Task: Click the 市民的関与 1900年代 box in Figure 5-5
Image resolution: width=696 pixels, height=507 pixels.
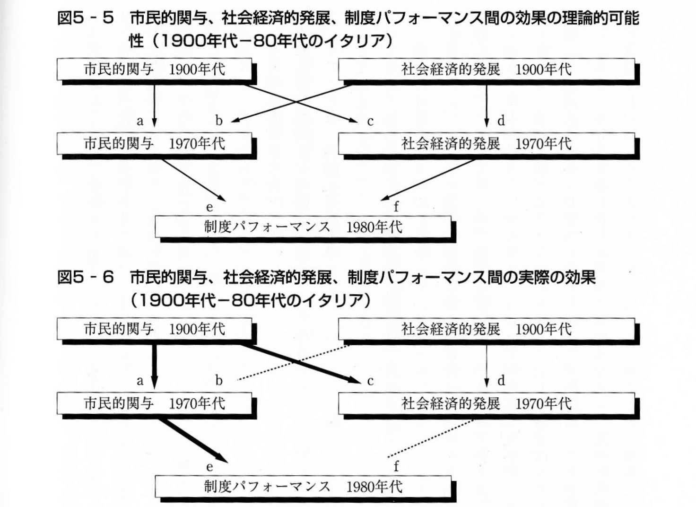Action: (154, 70)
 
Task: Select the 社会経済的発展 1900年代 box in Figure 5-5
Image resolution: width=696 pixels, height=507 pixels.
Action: (486, 70)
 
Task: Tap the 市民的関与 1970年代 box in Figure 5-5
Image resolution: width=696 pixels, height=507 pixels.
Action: (154, 143)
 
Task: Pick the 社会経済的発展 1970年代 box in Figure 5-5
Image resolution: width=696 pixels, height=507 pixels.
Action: (486, 143)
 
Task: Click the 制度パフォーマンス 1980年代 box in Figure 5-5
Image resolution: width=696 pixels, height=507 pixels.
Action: (303, 227)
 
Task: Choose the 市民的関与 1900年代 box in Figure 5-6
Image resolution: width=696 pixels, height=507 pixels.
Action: (154, 329)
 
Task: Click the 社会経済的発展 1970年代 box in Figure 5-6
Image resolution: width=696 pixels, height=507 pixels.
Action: (486, 403)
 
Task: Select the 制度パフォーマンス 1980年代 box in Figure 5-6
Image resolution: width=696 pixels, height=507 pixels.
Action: (303, 487)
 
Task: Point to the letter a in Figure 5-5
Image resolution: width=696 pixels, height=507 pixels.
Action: (140, 121)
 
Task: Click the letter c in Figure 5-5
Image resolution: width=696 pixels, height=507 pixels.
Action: (370, 122)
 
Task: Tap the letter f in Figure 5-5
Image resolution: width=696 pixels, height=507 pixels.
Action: (396, 206)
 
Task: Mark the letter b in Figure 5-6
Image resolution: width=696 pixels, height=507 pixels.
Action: (219, 380)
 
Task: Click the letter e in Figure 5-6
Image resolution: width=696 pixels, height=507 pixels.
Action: (209, 467)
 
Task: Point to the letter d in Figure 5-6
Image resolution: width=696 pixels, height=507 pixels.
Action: (501, 380)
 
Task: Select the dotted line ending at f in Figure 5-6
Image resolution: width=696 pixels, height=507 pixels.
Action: (430, 438)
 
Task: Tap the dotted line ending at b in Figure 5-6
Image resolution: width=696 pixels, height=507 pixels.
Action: (293, 362)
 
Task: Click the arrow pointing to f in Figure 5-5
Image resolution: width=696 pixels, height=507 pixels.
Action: (428, 180)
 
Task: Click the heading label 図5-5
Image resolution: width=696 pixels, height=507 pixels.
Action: (85, 18)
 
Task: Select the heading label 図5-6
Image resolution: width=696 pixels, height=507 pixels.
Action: (85, 278)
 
